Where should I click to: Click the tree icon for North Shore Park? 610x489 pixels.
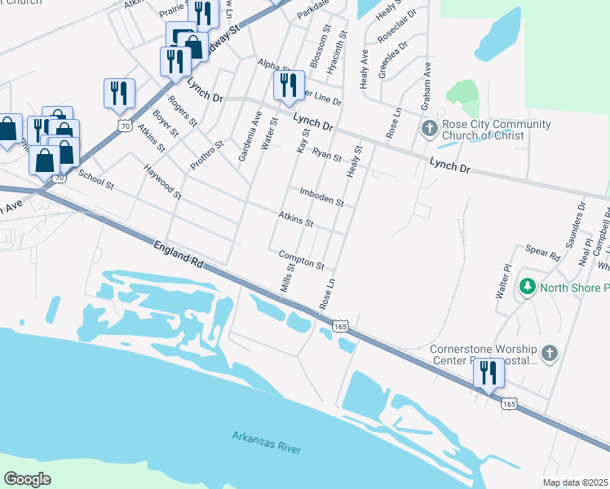coord(528,287)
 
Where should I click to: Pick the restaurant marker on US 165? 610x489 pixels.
coord(488,372)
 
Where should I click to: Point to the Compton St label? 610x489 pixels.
coord(301,259)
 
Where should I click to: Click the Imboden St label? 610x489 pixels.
coord(320,196)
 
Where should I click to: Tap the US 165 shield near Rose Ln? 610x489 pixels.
coord(341,326)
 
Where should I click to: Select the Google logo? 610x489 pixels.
coord(28,478)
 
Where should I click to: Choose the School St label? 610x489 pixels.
coord(95,178)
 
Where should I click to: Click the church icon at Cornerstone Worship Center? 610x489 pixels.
coord(550,353)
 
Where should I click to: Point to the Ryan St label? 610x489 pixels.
coord(326,154)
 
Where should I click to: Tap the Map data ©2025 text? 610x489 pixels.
coord(574,482)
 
